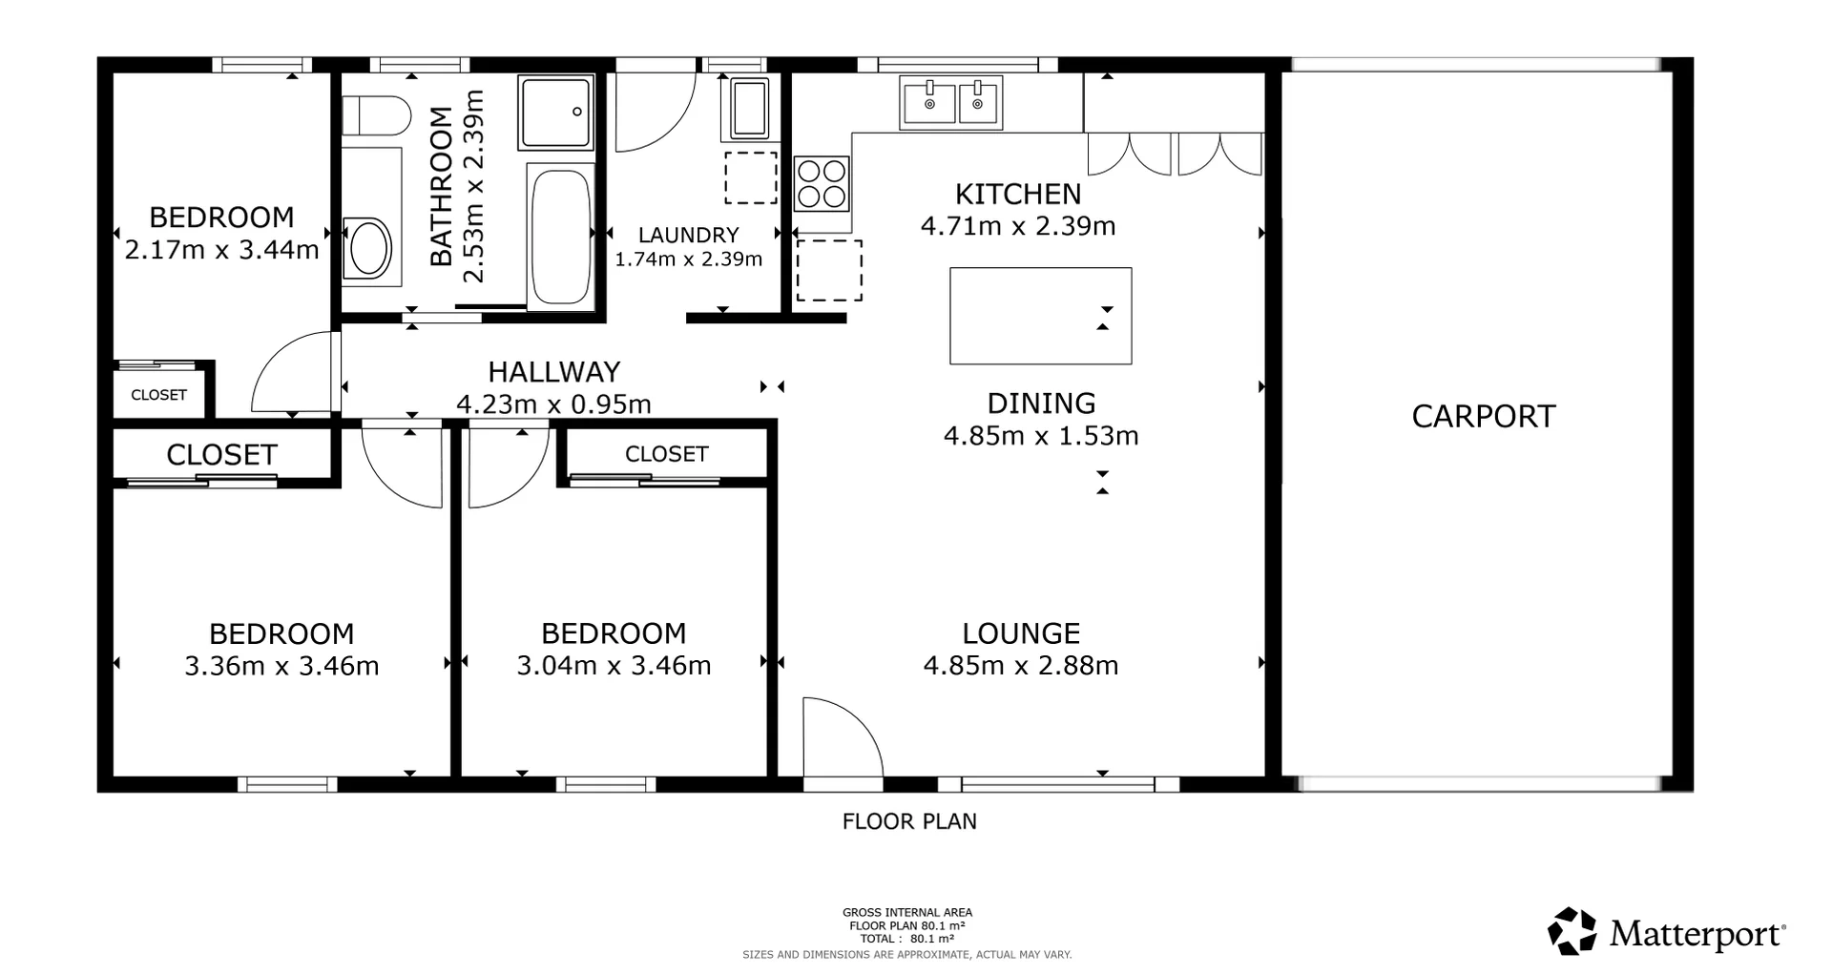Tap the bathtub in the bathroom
pyautogui.click(x=560, y=236)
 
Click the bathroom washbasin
pyautogui.click(x=369, y=249)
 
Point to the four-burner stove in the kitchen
pyautogui.click(x=822, y=184)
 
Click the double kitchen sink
pyautogui.click(x=951, y=102)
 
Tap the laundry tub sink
pyautogui.click(x=750, y=107)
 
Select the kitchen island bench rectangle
pyautogui.click(x=1040, y=316)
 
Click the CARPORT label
pyautogui.click(x=1483, y=417)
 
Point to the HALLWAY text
pyautogui.click(x=553, y=371)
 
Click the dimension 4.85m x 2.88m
pyautogui.click(x=1020, y=665)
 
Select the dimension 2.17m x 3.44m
pyautogui.click(x=221, y=250)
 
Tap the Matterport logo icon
pyautogui.click(x=1572, y=931)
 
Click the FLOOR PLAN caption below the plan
pyautogui.click(x=909, y=821)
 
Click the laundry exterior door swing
pyautogui.click(x=653, y=110)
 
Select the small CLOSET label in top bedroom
pyautogui.click(x=158, y=395)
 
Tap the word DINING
pyautogui.click(x=1040, y=404)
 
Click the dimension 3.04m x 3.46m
pyautogui.click(x=614, y=665)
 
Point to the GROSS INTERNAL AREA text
pyautogui.click(x=906, y=913)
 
